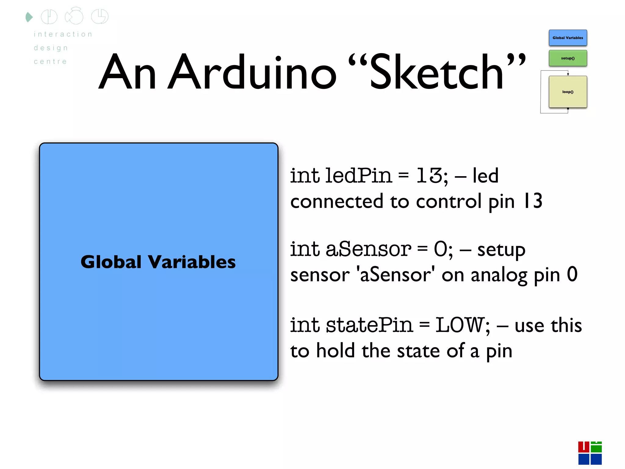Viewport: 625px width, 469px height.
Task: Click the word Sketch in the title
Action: coord(436,73)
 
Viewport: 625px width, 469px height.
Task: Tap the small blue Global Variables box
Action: coord(568,38)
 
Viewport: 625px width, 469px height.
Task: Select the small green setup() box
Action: coord(568,58)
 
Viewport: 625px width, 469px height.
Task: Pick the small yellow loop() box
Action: coord(568,92)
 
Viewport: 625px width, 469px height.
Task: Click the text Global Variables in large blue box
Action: coord(158,262)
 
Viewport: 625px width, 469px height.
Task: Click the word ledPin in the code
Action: coord(358,176)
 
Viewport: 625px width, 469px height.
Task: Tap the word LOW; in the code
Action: coord(463,325)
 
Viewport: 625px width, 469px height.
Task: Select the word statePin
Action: coord(369,325)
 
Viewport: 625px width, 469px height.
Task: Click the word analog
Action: coord(499,275)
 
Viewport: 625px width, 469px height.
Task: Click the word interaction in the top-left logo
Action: coord(63,34)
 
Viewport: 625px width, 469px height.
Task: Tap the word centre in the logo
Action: coord(50,62)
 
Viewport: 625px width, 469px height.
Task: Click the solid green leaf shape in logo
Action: coord(29,17)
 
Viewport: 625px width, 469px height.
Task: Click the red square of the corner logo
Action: coord(583,447)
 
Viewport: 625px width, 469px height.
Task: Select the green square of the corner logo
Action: coord(596,447)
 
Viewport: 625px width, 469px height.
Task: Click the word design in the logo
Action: coord(51,48)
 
